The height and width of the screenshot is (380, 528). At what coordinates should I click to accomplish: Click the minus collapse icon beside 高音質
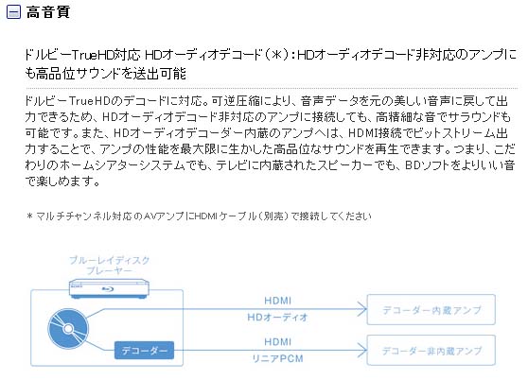tap(13, 12)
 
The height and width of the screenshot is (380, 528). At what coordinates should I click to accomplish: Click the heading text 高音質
tap(48, 11)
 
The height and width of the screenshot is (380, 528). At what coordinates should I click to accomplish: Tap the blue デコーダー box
tap(144, 351)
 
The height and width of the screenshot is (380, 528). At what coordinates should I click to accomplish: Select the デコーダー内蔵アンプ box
tap(431, 309)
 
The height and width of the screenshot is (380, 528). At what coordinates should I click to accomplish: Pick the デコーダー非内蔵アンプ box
tap(431, 350)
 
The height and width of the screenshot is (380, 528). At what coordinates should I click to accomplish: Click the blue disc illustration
tap(68, 328)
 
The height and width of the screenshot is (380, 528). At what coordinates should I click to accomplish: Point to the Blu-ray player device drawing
tap(109, 289)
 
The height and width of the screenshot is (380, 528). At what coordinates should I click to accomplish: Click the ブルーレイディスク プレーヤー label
tap(109, 266)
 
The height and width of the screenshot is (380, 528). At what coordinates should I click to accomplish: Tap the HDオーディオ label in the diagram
tap(277, 317)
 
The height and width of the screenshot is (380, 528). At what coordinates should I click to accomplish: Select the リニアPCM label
tap(277, 358)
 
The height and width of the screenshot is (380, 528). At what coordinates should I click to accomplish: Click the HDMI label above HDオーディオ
tap(277, 301)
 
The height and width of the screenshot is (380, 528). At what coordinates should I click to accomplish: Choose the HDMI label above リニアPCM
tap(277, 341)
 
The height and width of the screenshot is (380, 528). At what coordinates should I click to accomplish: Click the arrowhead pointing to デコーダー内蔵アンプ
tap(363, 309)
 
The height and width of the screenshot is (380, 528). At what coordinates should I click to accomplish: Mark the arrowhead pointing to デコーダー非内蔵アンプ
tap(363, 351)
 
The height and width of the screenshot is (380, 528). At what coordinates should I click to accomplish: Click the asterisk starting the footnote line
tap(29, 216)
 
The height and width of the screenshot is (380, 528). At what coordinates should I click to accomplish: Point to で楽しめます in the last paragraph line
tap(62, 181)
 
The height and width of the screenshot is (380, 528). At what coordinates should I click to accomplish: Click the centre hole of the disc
tap(68, 329)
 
